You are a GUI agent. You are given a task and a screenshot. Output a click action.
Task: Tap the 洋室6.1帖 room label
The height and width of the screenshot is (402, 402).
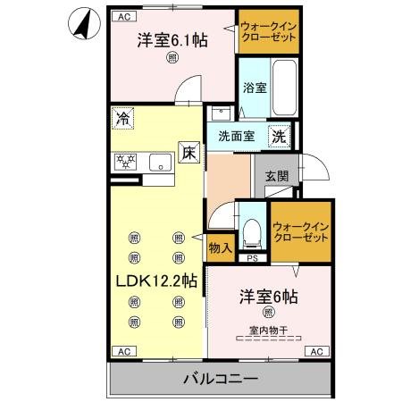click(x=172, y=40)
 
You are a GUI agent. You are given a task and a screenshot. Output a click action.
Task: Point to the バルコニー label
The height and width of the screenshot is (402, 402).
click(x=222, y=379)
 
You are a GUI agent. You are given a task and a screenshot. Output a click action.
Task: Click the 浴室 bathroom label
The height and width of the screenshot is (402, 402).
click(x=255, y=88)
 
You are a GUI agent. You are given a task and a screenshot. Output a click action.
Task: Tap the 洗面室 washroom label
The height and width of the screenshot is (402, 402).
click(x=238, y=137)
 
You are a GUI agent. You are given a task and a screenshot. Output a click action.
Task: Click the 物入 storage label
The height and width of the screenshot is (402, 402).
click(x=220, y=247)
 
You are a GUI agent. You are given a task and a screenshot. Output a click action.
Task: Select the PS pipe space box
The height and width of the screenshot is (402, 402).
click(x=254, y=259)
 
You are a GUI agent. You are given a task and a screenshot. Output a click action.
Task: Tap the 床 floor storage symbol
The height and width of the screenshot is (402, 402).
click(x=188, y=153)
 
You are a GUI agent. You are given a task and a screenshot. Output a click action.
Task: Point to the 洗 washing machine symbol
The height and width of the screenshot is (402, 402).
click(x=280, y=137)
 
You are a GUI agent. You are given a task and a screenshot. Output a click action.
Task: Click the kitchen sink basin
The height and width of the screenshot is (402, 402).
click(x=161, y=162)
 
